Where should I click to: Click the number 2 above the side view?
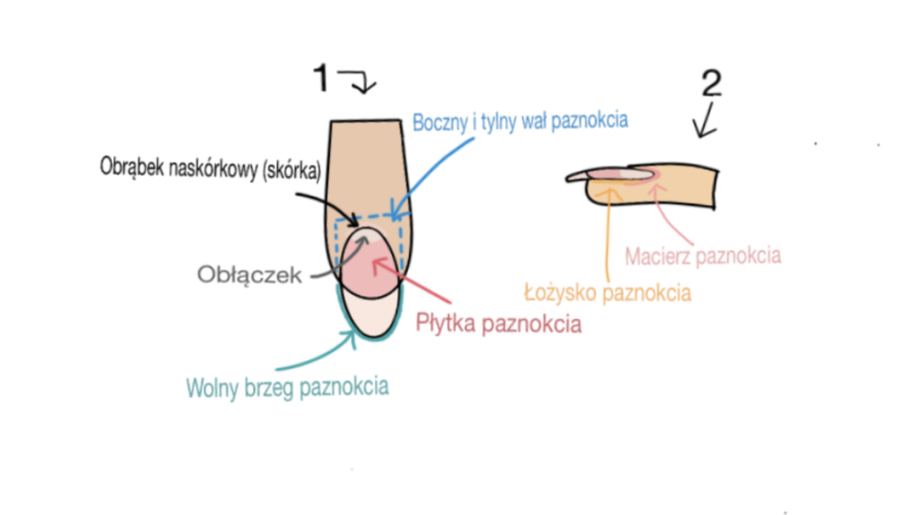(x=711, y=83)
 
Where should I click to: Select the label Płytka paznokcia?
(x=499, y=323)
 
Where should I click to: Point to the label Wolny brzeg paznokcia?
(x=287, y=387)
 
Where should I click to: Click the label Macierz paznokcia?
(x=702, y=256)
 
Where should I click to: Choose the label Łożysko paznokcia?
(x=607, y=292)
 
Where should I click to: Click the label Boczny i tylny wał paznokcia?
(x=520, y=122)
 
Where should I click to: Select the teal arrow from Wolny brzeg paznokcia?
(x=313, y=353)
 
